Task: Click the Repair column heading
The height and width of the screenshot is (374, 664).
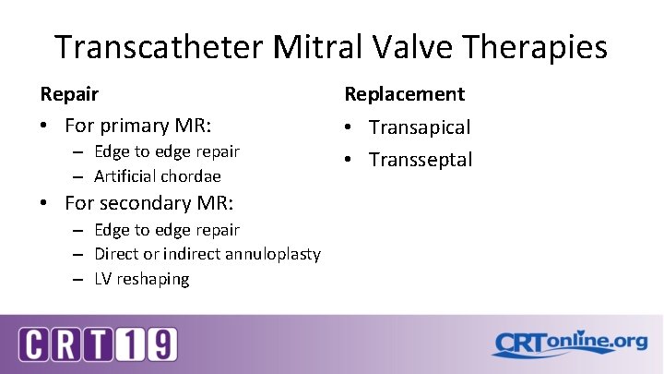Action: tap(69, 93)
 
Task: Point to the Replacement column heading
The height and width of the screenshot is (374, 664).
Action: tap(404, 93)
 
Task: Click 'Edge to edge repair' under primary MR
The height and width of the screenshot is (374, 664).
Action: tap(166, 151)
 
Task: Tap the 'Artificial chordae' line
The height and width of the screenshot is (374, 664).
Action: tap(157, 175)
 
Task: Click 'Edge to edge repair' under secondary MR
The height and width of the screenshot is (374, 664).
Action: tap(166, 229)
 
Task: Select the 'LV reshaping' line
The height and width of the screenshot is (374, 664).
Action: tap(141, 278)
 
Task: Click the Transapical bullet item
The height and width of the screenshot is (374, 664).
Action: tap(420, 127)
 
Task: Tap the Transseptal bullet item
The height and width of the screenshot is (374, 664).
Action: tap(421, 160)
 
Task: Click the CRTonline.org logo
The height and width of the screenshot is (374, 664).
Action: tap(569, 344)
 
